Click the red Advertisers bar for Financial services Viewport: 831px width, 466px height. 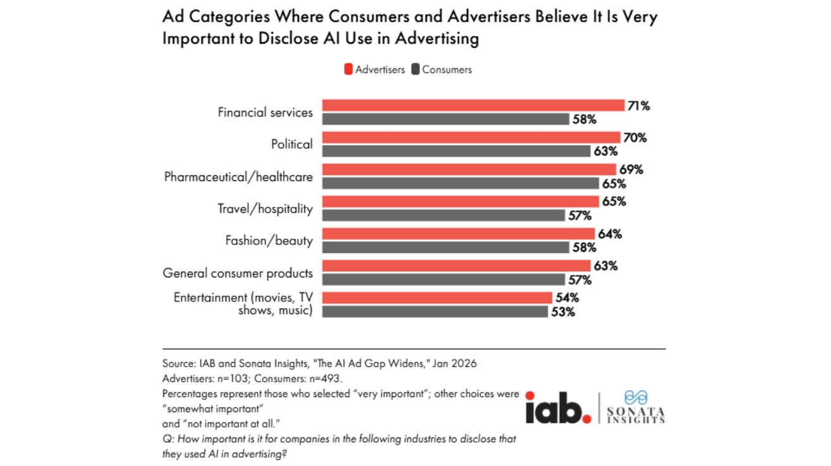pyautogui.click(x=473, y=106)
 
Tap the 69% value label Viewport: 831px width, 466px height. pyautogui.click(x=630, y=170)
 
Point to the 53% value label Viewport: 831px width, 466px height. pyautogui.click(x=562, y=312)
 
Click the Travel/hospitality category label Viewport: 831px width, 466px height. pyautogui.click(x=265, y=208)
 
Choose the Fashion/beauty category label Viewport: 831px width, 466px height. pyautogui.click(x=269, y=241)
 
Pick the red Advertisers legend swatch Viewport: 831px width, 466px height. pyautogui.click(x=348, y=70)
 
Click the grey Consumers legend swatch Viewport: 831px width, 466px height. pyautogui.click(x=415, y=70)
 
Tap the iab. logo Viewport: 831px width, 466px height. pyautogui.click(x=558, y=408)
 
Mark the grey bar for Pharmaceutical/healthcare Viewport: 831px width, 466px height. pyautogui.click(x=460, y=183)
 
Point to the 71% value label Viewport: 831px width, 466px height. pyautogui.click(x=638, y=106)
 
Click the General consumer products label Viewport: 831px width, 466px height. pyautogui.click(x=238, y=273)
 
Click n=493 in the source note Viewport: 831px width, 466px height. pyautogui.click(x=325, y=379)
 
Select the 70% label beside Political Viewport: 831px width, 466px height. pyautogui.click(x=634, y=137)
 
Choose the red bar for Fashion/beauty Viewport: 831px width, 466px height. pyautogui.click(x=459, y=234)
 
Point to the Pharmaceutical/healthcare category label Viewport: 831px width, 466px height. pyautogui.click(x=238, y=177)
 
